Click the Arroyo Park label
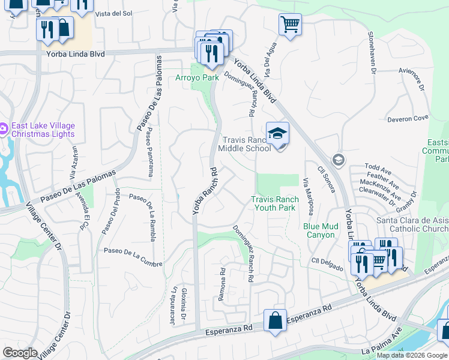tap(197, 78)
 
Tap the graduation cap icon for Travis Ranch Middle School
tap(278, 133)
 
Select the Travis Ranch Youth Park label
tap(274, 203)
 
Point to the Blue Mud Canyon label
tap(319, 230)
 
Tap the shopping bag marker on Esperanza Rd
tap(275, 320)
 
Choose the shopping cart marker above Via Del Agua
tap(290, 25)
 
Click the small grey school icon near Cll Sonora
tap(339, 159)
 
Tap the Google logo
tap(20, 353)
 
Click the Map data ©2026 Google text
tap(412, 355)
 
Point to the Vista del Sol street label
tap(113, 13)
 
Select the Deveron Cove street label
tap(408, 119)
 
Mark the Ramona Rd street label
tap(222, 284)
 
